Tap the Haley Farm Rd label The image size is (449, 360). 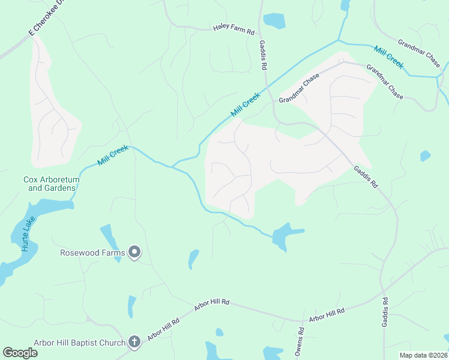tap(234, 29)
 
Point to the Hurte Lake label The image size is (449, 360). tap(28, 233)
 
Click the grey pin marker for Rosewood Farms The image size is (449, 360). tap(134, 253)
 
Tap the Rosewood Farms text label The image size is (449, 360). tap(92, 253)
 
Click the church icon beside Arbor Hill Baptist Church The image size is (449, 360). tap(134, 343)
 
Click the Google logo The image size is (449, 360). tap(20, 353)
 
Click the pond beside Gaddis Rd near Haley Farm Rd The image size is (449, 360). tap(274, 20)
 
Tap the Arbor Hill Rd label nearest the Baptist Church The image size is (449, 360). tap(163, 330)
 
